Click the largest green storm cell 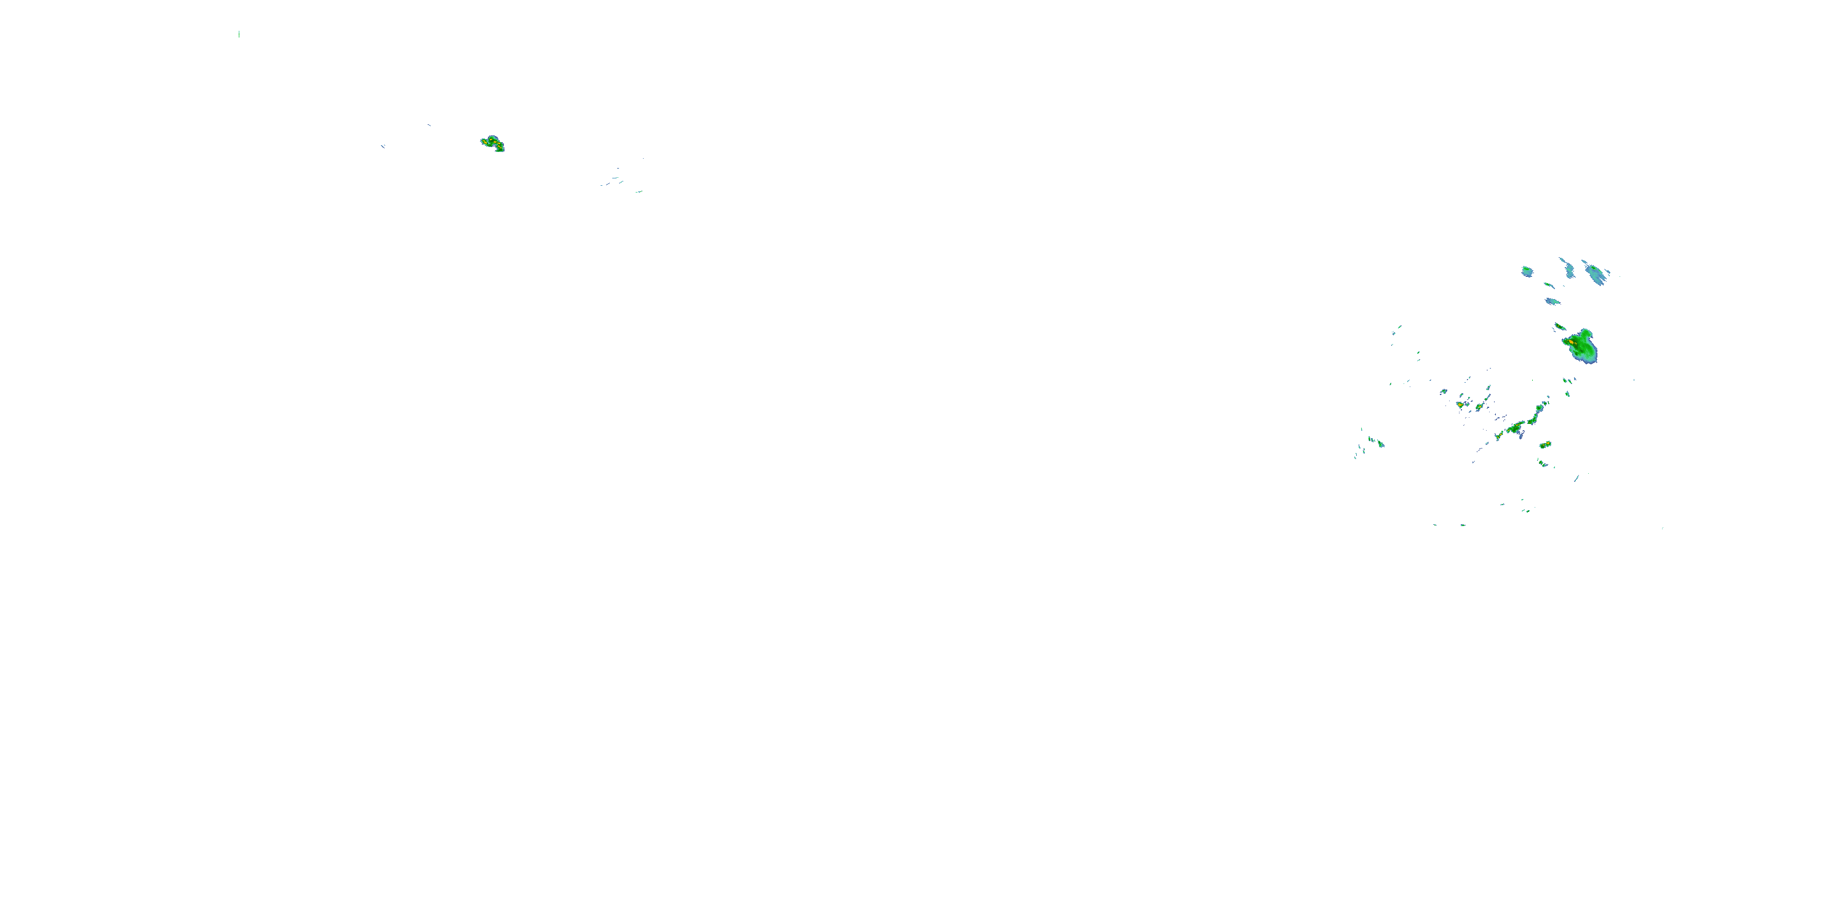tap(1582, 348)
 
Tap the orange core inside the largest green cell tap(1571, 343)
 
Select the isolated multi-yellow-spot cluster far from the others tap(492, 143)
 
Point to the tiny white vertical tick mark tap(239, 34)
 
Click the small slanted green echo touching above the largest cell tap(1559, 327)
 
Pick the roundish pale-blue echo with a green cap tap(1527, 271)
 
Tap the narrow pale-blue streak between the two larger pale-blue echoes tap(1568, 268)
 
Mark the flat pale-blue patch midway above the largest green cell tap(1552, 301)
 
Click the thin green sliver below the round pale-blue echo tap(1549, 286)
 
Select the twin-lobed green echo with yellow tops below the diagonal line tap(1545, 445)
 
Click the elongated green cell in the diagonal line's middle tap(1515, 428)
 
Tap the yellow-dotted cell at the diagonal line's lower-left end tap(1498, 435)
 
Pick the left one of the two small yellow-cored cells tap(1460, 405)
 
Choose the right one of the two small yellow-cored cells tap(1479, 407)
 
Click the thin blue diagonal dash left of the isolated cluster tap(383, 146)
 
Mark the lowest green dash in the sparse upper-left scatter tap(637, 191)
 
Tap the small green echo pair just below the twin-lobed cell tap(1542, 463)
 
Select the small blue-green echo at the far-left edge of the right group tap(1377, 443)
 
